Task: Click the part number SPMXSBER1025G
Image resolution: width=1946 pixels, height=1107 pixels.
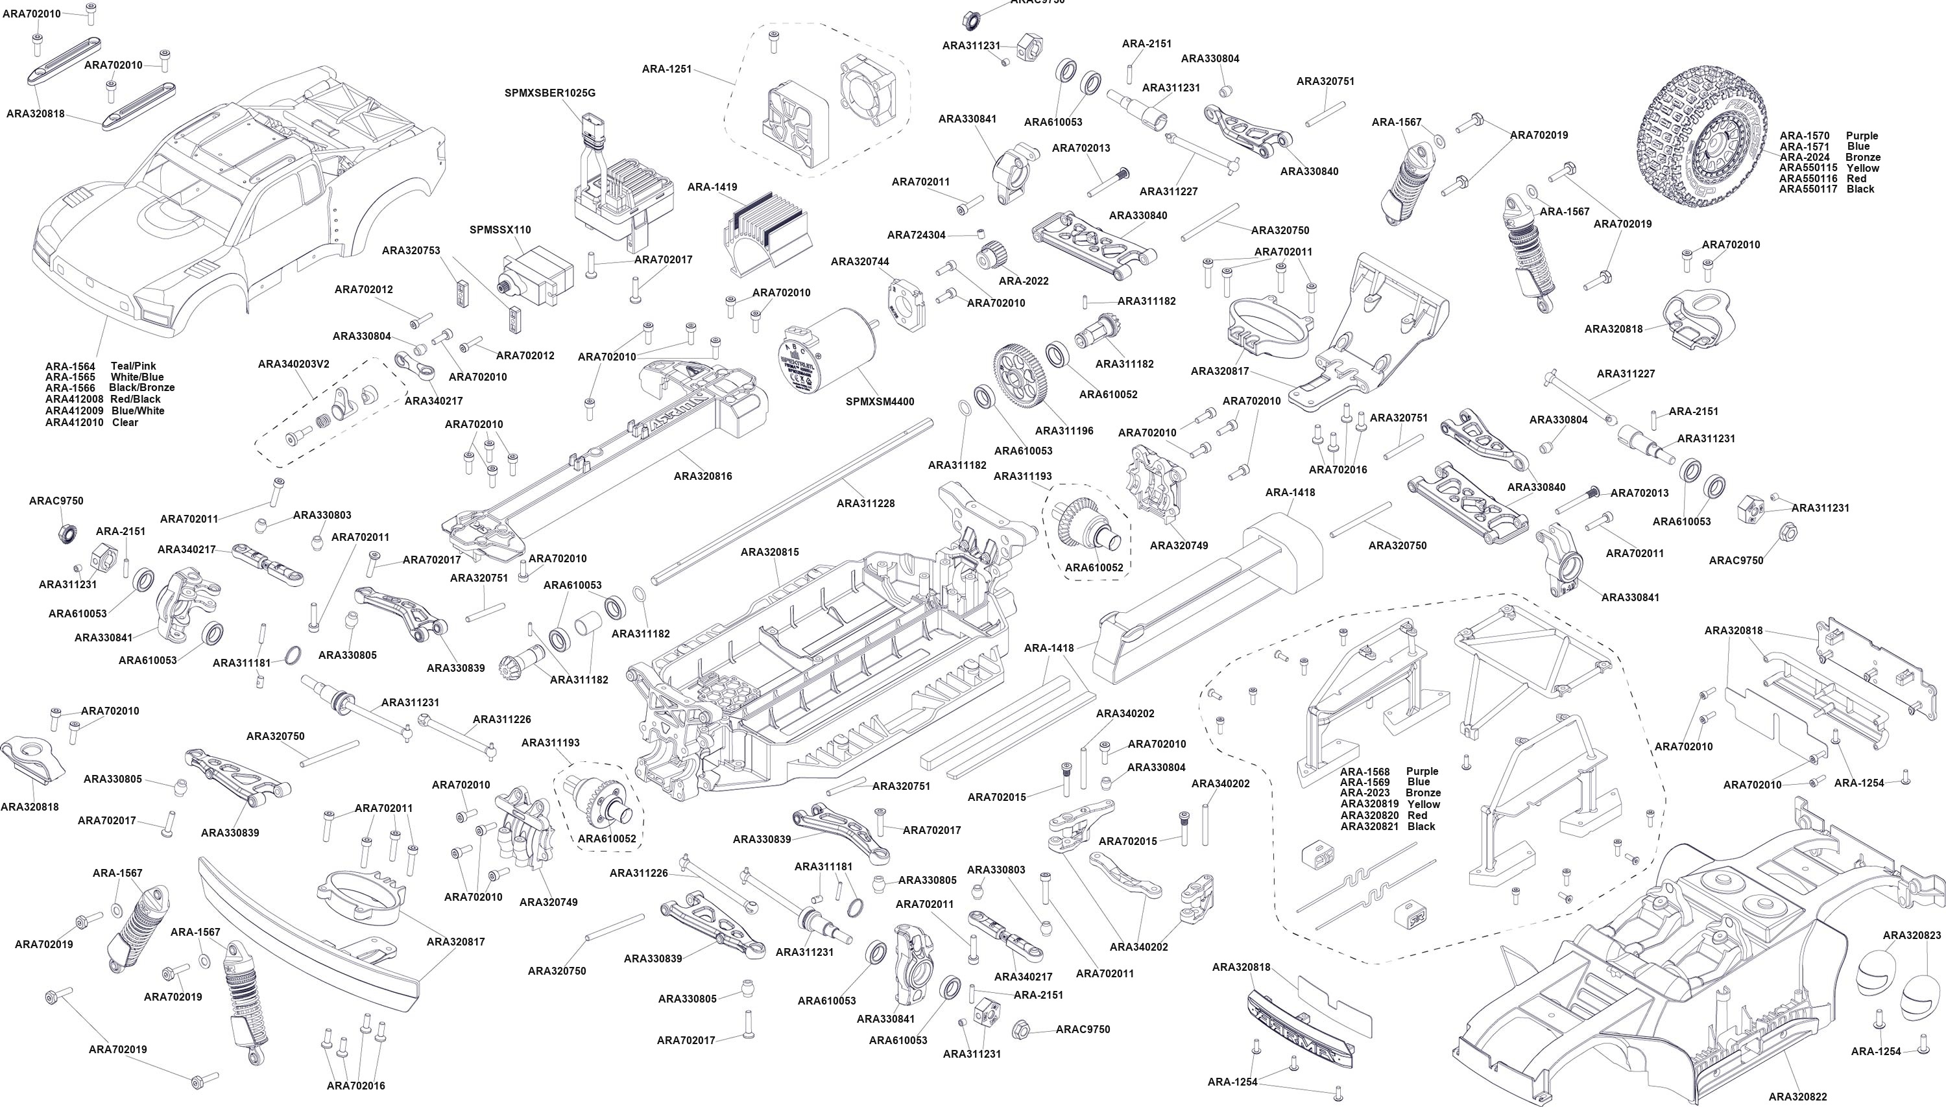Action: (x=550, y=93)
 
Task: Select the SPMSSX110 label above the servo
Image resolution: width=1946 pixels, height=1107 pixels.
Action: (x=500, y=230)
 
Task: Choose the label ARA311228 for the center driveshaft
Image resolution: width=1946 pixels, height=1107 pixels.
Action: (x=865, y=503)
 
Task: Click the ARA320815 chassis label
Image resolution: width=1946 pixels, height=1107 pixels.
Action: (x=769, y=552)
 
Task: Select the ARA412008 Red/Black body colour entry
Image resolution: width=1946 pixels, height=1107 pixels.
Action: (x=102, y=399)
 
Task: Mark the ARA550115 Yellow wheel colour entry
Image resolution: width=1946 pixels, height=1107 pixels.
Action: (x=1829, y=168)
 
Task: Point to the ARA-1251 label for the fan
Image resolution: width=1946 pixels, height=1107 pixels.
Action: (x=667, y=69)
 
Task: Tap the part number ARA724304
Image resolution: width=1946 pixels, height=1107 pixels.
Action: (x=917, y=235)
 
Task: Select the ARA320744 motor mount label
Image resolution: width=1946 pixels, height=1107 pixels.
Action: (x=860, y=261)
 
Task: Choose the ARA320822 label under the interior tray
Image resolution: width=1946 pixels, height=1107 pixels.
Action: (x=1797, y=1097)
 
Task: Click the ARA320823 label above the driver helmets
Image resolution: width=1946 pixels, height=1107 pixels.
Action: (x=1912, y=935)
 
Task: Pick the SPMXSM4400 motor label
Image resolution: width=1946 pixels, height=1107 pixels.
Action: (x=880, y=401)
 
